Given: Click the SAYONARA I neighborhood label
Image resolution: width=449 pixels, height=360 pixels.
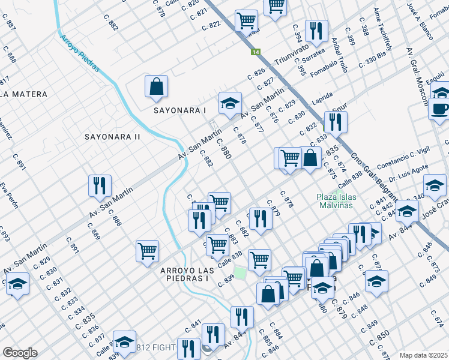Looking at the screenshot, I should coord(179,110).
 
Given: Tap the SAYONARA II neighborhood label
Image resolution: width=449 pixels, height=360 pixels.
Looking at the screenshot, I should coord(112,137).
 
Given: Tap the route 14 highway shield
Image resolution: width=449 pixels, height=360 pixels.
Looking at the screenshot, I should coord(255,52).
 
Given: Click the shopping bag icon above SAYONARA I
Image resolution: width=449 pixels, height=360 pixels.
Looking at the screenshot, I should coord(156,86).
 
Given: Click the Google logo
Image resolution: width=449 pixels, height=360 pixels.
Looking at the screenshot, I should coord(19,352).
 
